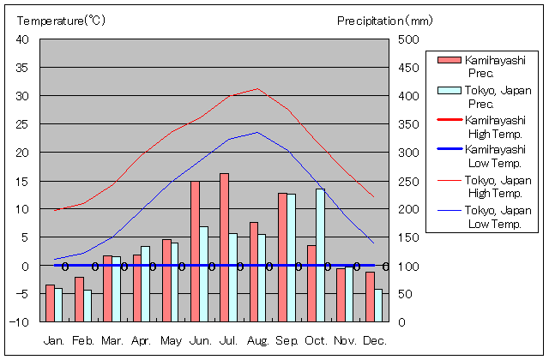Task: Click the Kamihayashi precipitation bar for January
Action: [x=50, y=303]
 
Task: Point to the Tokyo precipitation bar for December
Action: [x=378, y=305]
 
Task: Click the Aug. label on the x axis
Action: [x=258, y=340]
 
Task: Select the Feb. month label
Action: [x=83, y=340]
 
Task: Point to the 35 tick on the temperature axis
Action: [x=23, y=68]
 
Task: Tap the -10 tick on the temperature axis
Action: [x=21, y=322]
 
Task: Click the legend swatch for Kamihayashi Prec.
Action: [x=449, y=60]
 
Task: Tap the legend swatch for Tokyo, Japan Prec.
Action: [x=449, y=90]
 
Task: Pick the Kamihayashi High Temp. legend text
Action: [x=495, y=127]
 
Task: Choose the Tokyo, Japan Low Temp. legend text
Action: [x=497, y=217]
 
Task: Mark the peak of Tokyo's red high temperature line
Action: [x=257, y=88]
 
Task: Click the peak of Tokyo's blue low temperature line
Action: [x=257, y=132]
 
